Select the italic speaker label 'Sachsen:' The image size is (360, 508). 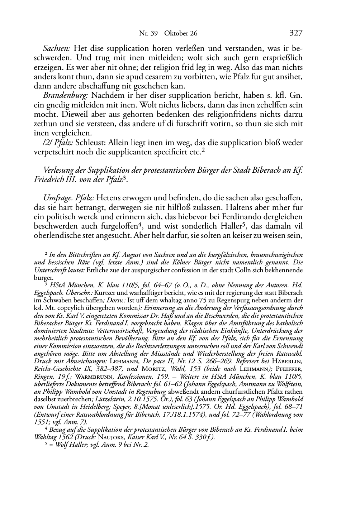click(x=56, y=48)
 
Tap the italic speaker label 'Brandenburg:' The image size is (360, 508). click(x=66, y=96)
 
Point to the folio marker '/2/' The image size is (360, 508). click(x=48, y=143)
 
